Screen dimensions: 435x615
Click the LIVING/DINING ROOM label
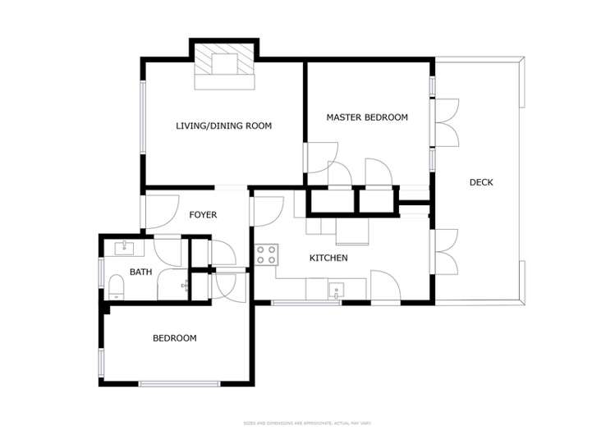pyautogui.click(x=223, y=126)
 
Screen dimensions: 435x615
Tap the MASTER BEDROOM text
pyautogui.click(x=366, y=117)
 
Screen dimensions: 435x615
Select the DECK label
pyautogui.click(x=481, y=182)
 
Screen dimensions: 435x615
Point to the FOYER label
pyautogui.click(x=203, y=215)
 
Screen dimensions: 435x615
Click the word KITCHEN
pyautogui.click(x=328, y=258)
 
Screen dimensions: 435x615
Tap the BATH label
pyautogui.click(x=140, y=272)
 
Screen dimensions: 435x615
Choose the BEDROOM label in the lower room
pyautogui.click(x=175, y=338)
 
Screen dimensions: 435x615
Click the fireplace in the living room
pyautogui.click(x=224, y=66)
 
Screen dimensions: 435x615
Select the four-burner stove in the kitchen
pyautogui.click(x=266, y=254)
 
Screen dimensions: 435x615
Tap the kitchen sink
pyautogui.click(x=336, y=290)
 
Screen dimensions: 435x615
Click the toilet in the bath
pyautogui.click(x=116, y=286)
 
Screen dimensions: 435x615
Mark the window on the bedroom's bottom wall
pyautogui.click(x=178, y=383)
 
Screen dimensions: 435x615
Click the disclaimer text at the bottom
pyautogui.click(x=307, y=422)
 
